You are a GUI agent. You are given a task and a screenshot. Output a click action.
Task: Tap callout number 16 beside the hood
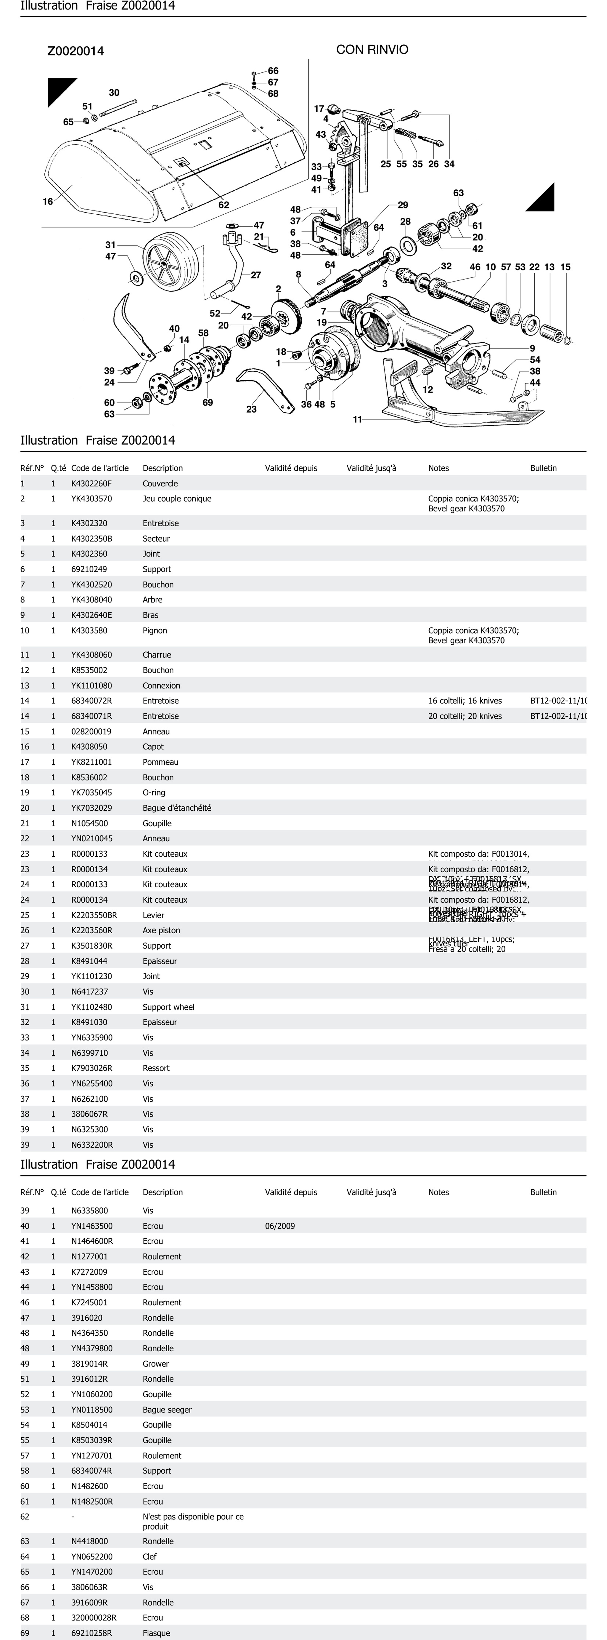pos(48,201)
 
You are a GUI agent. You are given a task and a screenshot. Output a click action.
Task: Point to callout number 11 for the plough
pos(358,419)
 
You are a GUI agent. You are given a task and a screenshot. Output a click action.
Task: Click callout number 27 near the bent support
pos(256,275)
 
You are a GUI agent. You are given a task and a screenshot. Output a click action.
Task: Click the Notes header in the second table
pos(438,1192)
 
